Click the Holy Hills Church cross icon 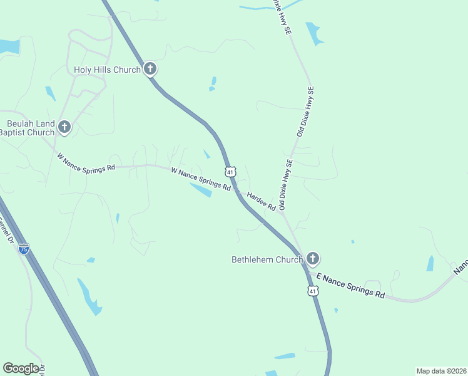click(150, 69)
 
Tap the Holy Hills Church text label click(107, 70)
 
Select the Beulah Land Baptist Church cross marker click(64, 128)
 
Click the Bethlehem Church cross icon click(312, 258)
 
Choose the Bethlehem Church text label click(267, 259)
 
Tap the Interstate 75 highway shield click(23, 249)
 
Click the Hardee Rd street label click(262, 201)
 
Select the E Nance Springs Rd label click(350, 285)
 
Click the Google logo click(21, 368)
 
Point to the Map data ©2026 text click(441, 371)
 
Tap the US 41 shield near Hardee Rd click(230, 171)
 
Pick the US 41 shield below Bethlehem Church click(313, 291)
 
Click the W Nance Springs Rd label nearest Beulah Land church click(86, 163)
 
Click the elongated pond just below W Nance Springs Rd click(201, 190)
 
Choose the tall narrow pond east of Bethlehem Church click(430, 263)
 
